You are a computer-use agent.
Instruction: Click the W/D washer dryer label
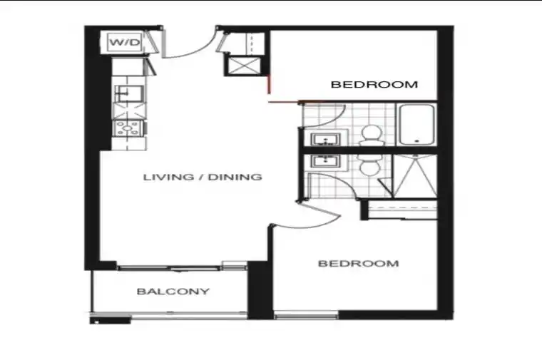pos(124,42)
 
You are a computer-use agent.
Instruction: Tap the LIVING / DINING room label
pos(203,178)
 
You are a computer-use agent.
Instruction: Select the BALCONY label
pos(173,292)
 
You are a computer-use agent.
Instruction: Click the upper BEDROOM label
pos(374,84)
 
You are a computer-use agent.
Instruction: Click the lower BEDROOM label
pos(359,264)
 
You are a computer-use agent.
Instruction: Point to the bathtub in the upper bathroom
pos(416,125)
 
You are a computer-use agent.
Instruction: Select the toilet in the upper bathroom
pos(371,135)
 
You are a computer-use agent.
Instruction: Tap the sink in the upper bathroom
pos(325,140)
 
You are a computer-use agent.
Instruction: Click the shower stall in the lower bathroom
pos(415,176)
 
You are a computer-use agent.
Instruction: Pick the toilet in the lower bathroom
pos(370,165)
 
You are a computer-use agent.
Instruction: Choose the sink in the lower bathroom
pos(325,160)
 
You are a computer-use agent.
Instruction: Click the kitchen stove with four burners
pos(128,128)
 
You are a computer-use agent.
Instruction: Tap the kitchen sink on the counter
pos(128,93)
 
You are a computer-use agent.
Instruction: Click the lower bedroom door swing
pos(311,221)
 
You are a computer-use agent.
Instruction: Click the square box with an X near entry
pos(244,66)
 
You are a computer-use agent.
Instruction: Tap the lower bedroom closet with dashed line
pos(402,209)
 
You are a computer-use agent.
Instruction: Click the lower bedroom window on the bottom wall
pos(306,315)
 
